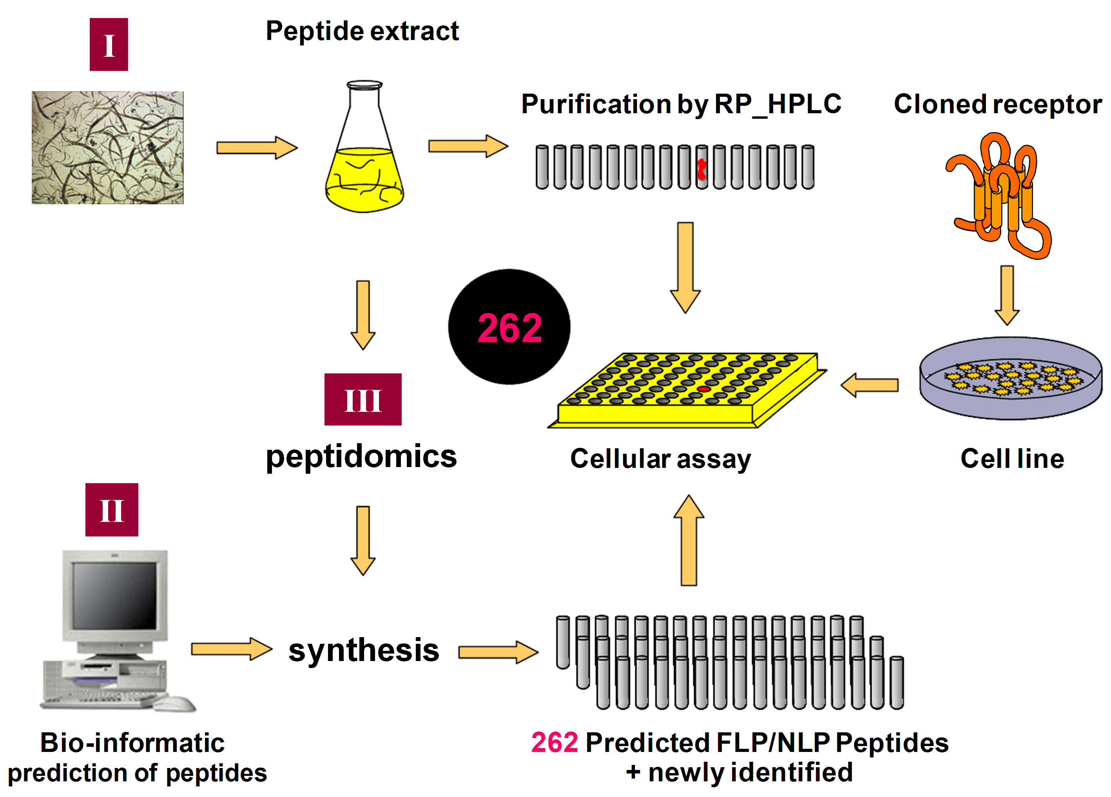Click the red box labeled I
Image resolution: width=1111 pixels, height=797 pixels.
pos(109,45)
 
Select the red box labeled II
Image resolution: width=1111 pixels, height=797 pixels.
pos(112,509)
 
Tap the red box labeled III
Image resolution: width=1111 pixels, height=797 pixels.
pos(362,399)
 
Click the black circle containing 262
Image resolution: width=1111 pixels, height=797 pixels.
pos(509,327)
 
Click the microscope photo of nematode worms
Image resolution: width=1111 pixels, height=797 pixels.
pos(108,147)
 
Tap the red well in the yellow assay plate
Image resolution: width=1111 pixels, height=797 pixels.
pos(704,388)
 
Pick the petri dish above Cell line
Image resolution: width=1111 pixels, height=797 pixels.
pos(1011,378)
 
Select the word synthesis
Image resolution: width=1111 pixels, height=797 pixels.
pos(364,650)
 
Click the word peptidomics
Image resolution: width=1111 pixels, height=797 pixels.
pos(361,456)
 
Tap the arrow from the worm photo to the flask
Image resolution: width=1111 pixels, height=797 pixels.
pos(257,147)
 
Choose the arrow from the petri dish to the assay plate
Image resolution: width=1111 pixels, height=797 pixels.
pos(870,385)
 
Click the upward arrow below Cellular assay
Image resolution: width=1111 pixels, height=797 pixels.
pos(689,540)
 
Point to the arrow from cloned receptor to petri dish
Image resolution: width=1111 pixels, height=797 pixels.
pos(1007,295)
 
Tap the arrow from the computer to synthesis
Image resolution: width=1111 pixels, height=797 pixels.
pos(231,649)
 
